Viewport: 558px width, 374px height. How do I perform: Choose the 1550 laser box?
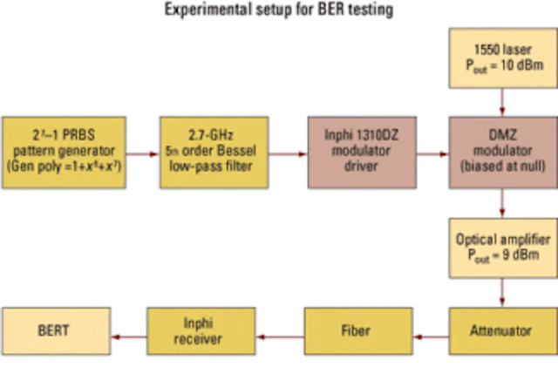(501, 58)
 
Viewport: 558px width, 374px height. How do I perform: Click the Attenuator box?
(501, 332)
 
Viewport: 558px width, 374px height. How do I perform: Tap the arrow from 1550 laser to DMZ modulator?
(502, 103)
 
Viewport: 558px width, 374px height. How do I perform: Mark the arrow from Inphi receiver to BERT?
(133, 333)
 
